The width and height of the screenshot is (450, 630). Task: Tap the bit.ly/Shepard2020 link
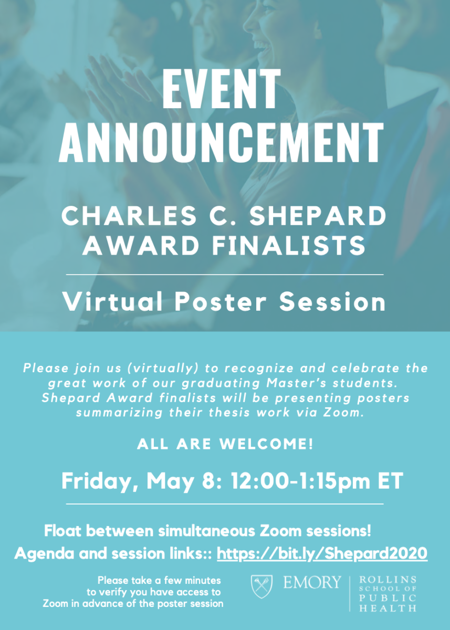322,553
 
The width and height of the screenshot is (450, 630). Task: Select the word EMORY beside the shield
312,582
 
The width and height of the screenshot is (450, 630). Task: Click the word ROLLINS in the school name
388,580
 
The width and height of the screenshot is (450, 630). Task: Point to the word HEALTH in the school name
388,608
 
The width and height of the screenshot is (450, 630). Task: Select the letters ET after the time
388,481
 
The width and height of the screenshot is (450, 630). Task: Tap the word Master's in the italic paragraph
277,383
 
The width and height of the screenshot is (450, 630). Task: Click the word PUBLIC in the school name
388,598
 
